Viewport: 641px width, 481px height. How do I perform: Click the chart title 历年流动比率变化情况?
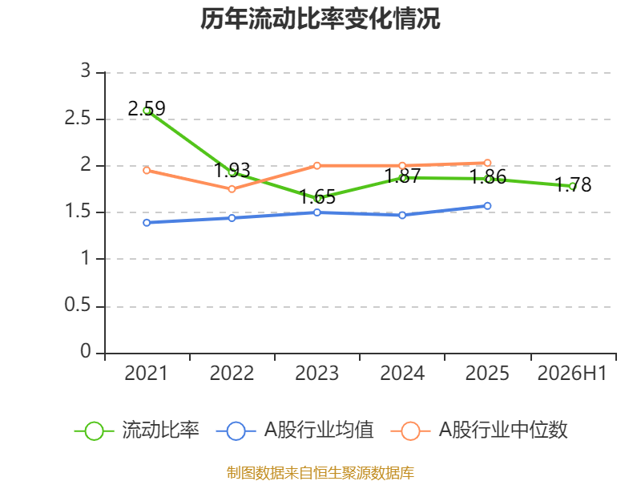(x=320, y=18)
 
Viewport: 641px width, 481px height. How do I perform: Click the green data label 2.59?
(x=147, y=108)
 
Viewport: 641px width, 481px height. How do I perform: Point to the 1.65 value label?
(x=317, y=196)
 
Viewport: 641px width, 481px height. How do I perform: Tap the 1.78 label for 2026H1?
(x=573, y=184)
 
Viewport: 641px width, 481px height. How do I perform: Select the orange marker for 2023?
(x=316, y=166)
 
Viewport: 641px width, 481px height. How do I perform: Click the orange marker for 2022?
(x=232, y=189)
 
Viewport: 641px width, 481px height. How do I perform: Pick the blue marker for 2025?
(x=487, y=206)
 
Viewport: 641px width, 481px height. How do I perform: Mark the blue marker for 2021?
(x=147, y=223)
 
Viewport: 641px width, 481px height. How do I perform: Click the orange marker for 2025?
(x=487, y=163)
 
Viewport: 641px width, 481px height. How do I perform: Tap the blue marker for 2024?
(x=402, y=215)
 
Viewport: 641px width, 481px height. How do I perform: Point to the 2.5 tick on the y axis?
(x=78, y=118)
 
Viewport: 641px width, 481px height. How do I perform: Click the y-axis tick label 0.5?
(x=78, y=305)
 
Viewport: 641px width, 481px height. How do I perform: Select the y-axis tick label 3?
(x=86, y=71)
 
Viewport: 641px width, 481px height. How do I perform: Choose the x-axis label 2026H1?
(x=572, y=374)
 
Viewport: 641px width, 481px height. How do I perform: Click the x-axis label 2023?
(x=316, y=374)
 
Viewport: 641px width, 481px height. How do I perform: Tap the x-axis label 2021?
(x=147, y=374)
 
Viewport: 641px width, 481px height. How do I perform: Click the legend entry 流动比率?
(x=136, y=430)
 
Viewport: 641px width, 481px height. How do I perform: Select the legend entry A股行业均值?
(x=295, y=430)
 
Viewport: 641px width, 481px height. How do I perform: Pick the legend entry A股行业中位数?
(x=479, y=430)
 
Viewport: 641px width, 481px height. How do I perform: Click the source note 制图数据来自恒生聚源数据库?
(x=320, y=472)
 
